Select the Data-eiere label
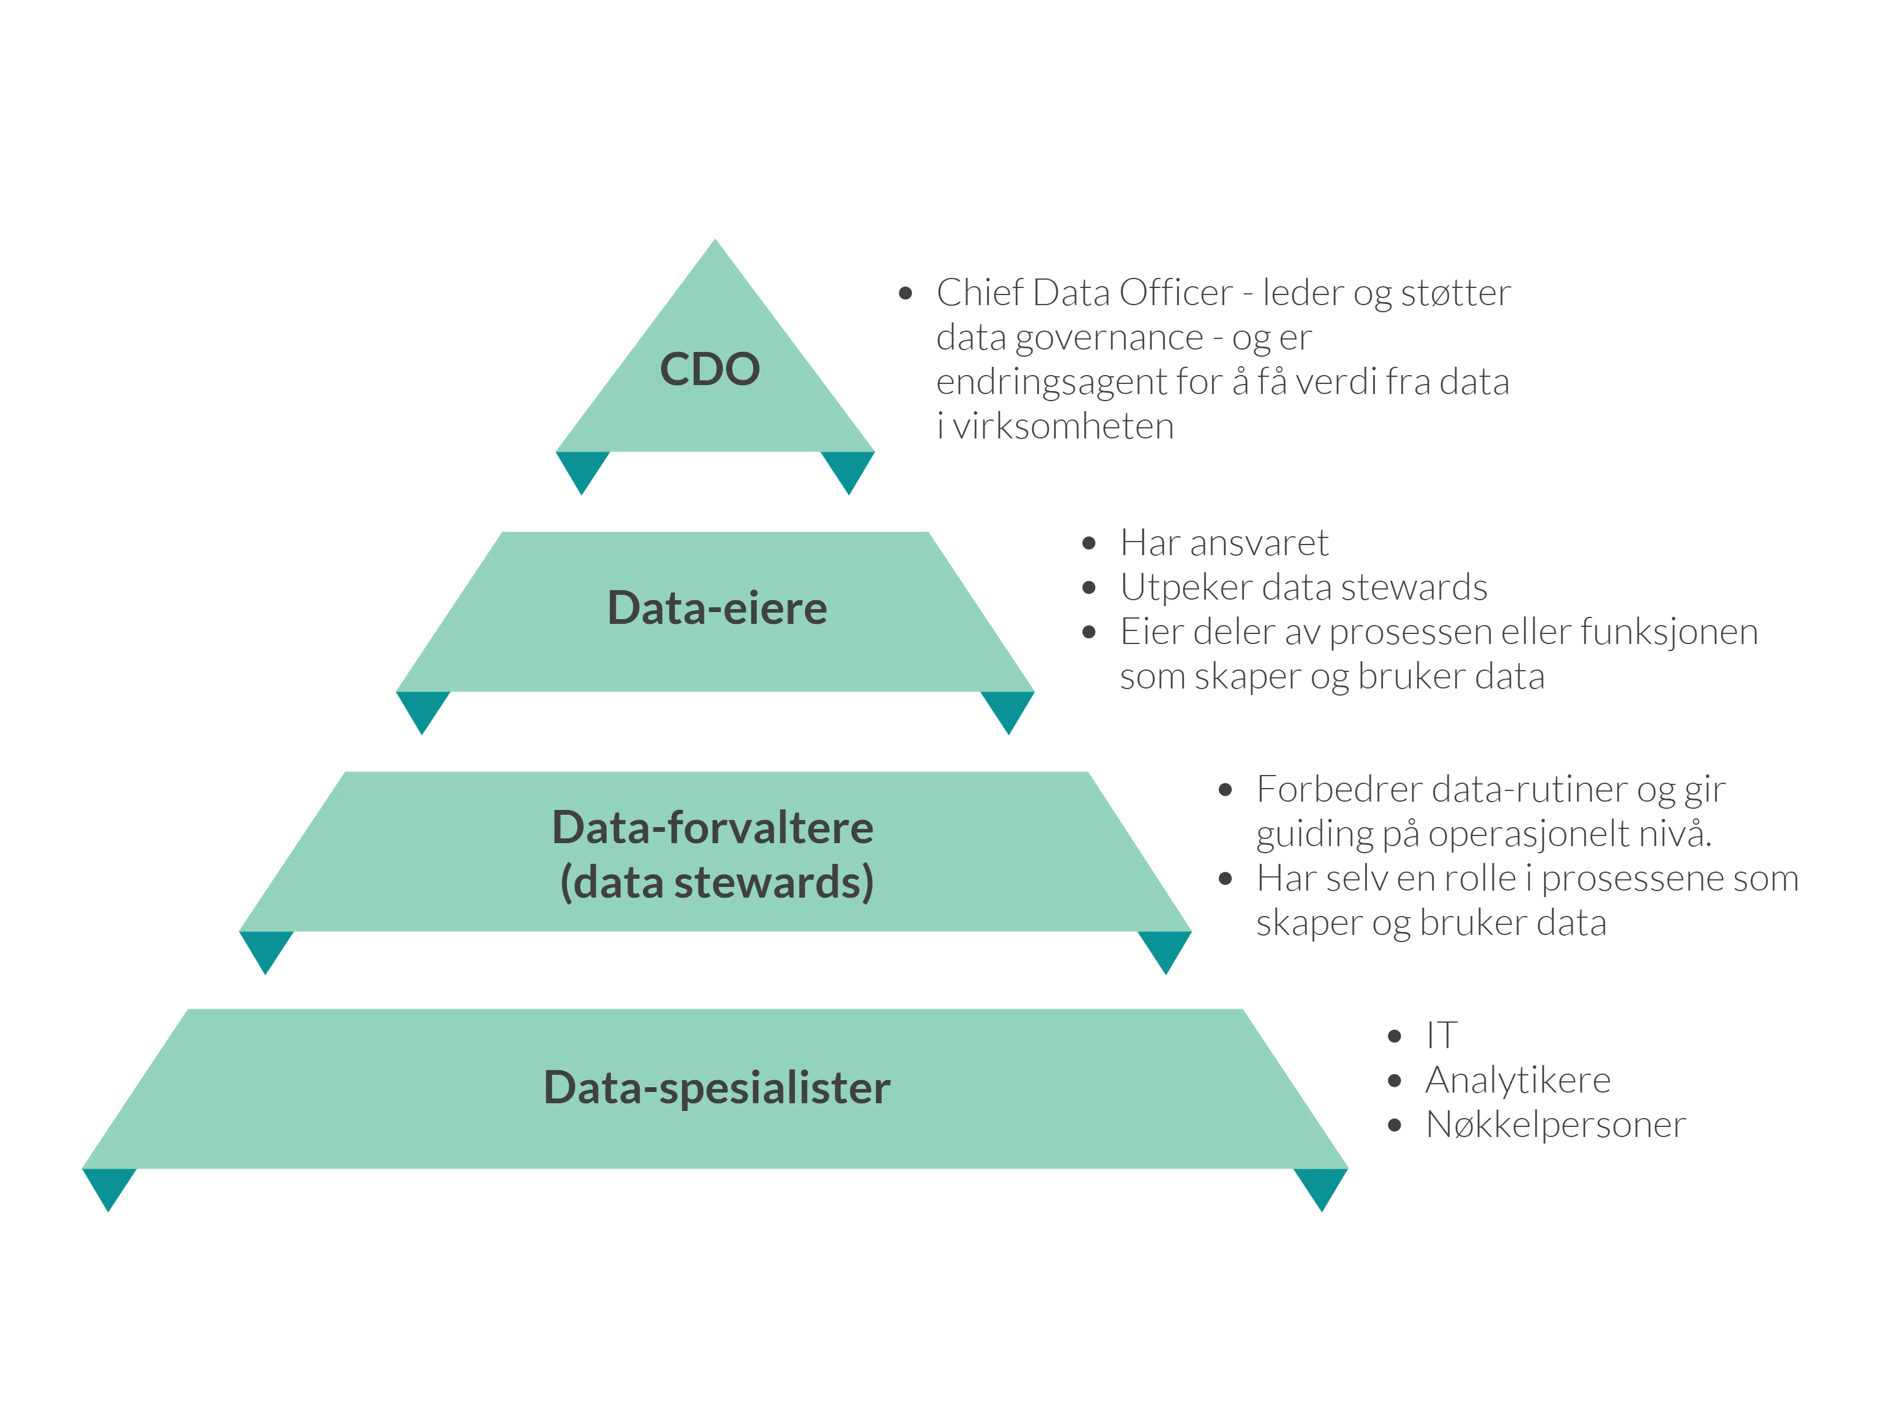pos(716,608)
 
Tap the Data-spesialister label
pos(716,1088)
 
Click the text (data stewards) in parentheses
pos(716,883)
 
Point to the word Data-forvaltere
pos(712,828)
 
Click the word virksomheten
pos(1063,427)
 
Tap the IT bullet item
pos(1441,1036)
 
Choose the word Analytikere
pos(1517,1080)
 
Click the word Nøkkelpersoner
pos(1555,1125)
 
